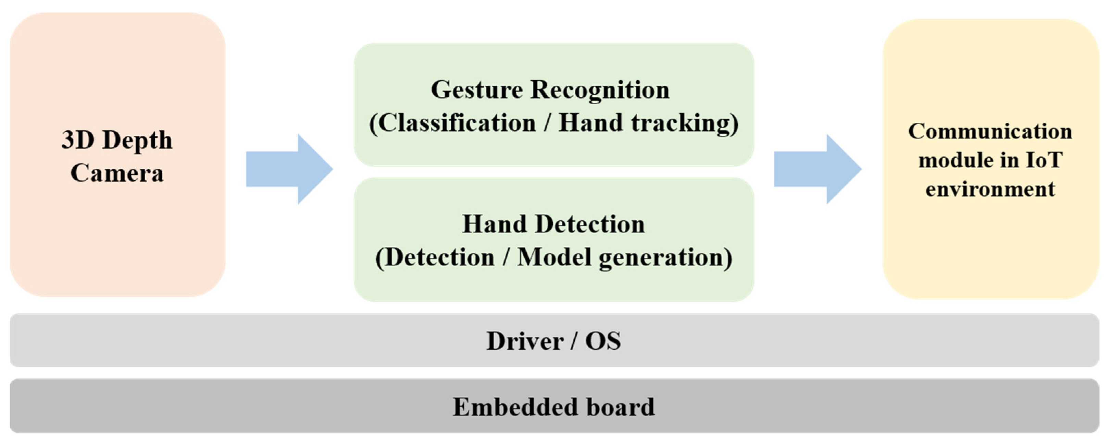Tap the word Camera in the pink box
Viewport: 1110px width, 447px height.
(117, 173)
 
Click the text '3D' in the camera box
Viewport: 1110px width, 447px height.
(78, 140)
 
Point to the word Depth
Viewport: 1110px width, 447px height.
(137, 141)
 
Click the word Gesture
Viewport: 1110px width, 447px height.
(477, 90)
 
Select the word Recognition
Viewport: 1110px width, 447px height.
(600, 90)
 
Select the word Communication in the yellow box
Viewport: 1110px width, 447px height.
(990, 131)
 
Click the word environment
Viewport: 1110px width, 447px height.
(990, 189)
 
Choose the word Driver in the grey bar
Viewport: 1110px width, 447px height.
(525, 341)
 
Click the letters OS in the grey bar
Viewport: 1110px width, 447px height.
(603, 341)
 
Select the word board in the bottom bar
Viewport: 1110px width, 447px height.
(621, 407)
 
